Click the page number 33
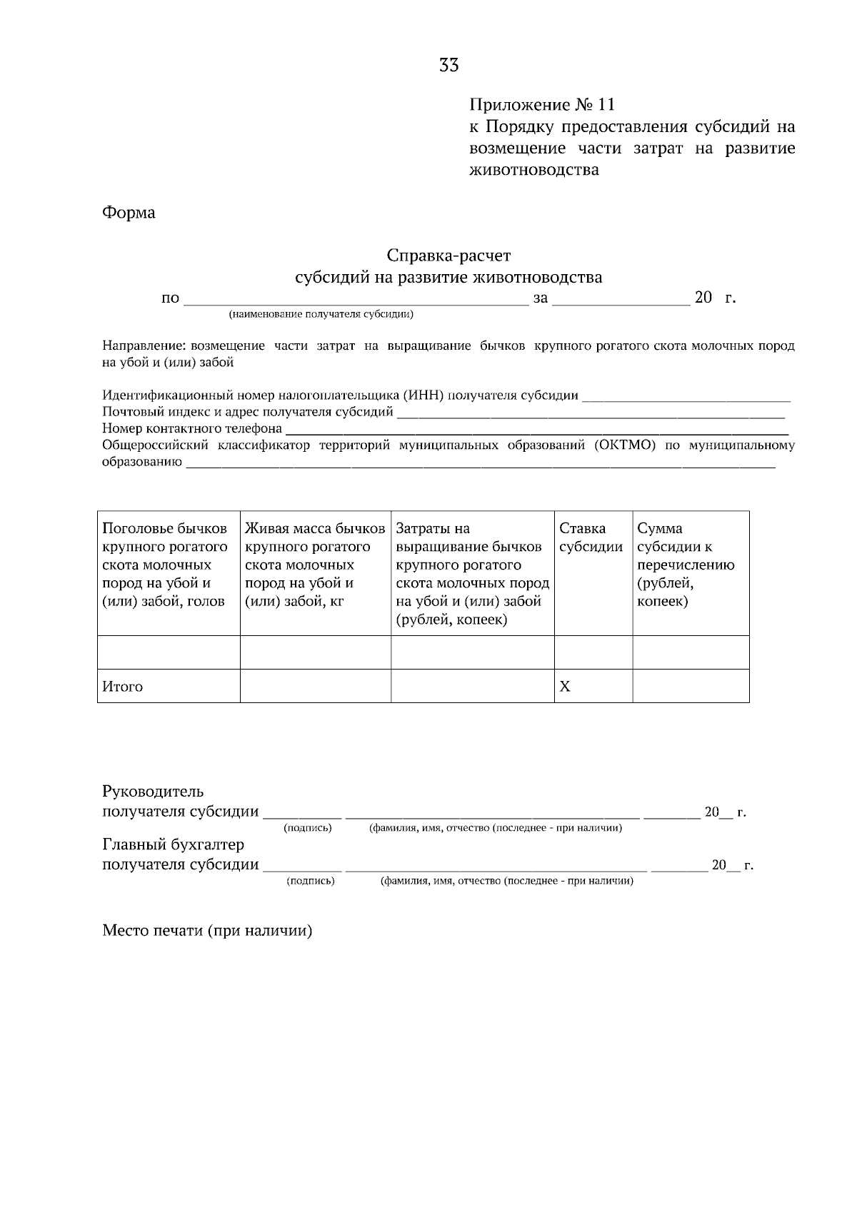point(448,66)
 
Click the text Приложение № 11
point(541,105)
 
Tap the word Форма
point(129,213)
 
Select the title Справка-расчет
point(448,256)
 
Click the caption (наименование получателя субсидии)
point(321,314)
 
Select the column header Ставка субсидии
point(591,537)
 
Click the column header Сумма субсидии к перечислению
point(686,565)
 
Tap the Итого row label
point(123,687)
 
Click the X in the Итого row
point(564,687)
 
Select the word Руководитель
point(153,791)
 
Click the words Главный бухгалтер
point(173,844)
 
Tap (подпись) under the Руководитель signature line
point(308,828)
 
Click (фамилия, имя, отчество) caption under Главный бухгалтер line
point(506,881)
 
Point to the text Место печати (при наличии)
point(207,931)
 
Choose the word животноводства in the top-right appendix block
point(534,170)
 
